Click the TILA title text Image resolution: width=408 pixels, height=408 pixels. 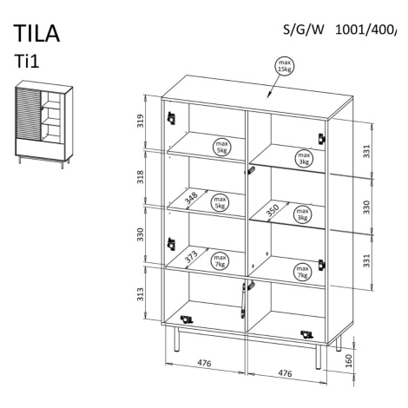(36, 34)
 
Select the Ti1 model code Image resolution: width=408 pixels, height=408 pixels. (27, 62)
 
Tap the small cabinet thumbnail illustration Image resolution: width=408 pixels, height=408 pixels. (43, 124)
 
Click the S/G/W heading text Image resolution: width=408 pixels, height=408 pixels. (303, 30)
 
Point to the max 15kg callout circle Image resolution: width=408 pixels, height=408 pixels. (285, 66)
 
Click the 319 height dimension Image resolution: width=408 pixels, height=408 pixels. (140, 122)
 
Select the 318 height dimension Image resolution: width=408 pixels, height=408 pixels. (140, 177)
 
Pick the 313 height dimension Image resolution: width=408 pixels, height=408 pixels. (140, 294)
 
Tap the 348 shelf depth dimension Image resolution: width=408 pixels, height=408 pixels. (192, 198)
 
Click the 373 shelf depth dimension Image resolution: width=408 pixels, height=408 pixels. (192, 256)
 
